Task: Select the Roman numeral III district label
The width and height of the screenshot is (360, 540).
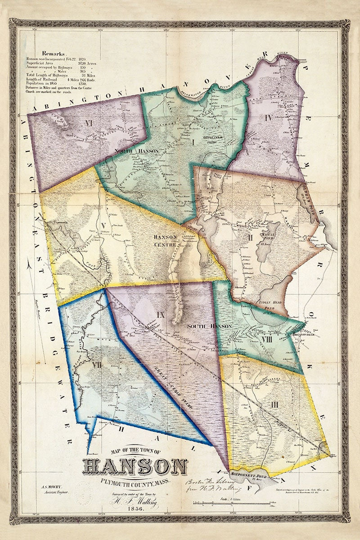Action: [x=274, y=405]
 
